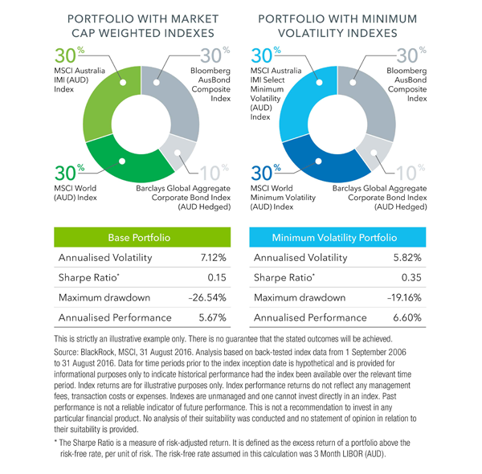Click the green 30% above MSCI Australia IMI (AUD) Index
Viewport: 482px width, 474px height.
tap(71, 57)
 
